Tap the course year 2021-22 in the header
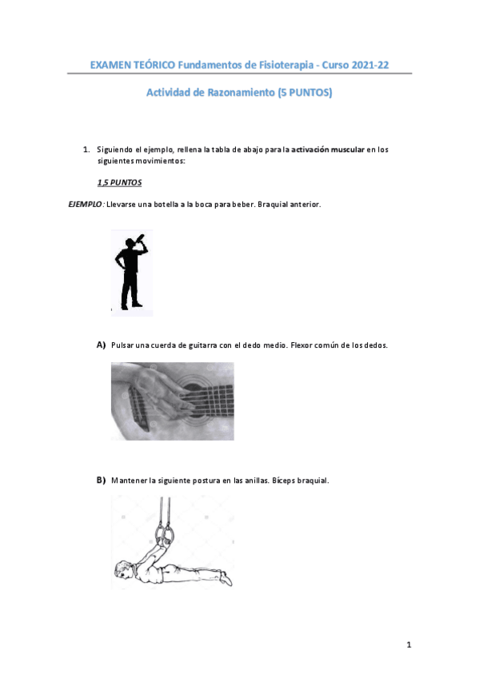click(x=369, y=65)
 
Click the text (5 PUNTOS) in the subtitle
click(x=303, y=94)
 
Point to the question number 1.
click(x=86, y=150)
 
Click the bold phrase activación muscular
click(x=328, y=150)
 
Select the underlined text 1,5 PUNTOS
click(x=119, y=182)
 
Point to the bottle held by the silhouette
click(x=141, y=238)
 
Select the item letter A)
click(x=102, y=345)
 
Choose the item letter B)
click(x=102, y=481)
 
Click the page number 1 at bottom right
click(x=409, y=644)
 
